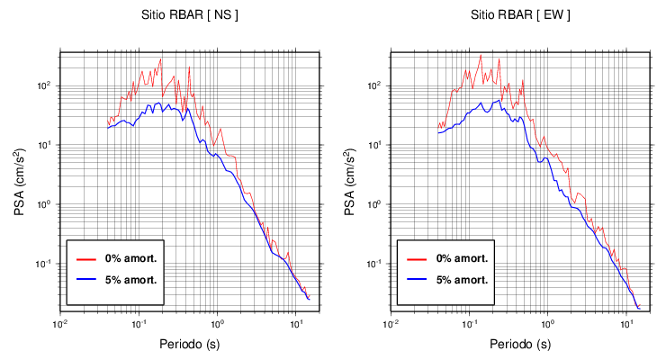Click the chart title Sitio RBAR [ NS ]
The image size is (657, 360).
coord(190,15)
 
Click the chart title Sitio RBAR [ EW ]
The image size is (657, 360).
coord(520,15)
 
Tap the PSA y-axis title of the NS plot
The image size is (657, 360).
coord(20,183)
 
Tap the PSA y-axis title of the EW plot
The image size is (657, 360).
coord(350,183)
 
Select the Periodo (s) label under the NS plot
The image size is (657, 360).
coord(190,344)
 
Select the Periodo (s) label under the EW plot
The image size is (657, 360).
coord(520,344)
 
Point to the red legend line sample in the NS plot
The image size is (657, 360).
coord(86,258)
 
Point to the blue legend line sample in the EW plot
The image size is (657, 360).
coord(417,280)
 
